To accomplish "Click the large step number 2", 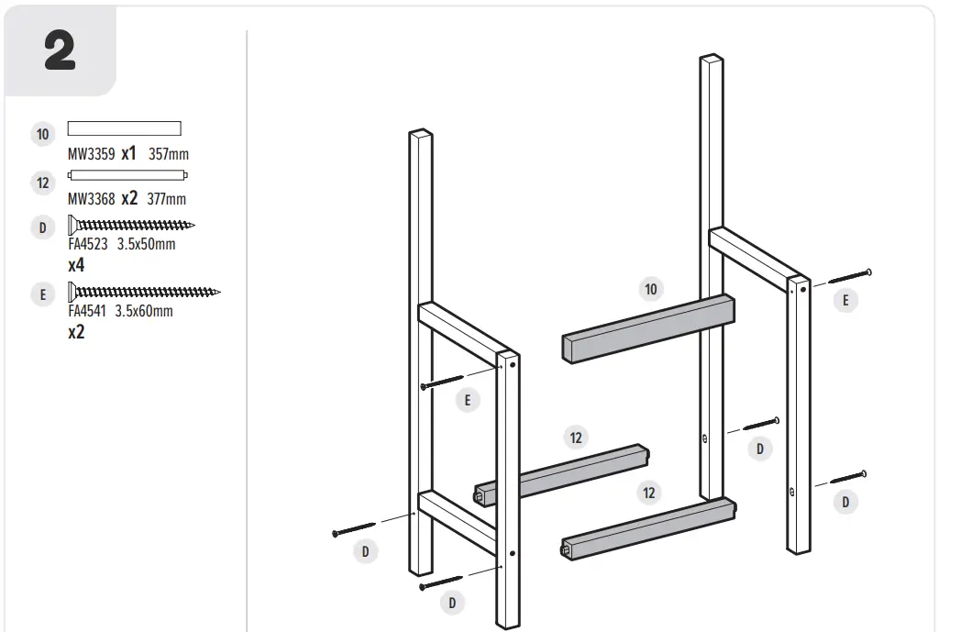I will pos(60,51).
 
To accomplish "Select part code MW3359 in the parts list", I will pos(92,155).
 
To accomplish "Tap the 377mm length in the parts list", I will pos(167,199).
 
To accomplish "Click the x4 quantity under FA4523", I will pos(77,265).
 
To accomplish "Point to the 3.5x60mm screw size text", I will pos(145,311).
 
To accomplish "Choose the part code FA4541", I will pos(87,311).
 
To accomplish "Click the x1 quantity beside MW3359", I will pos(128,154).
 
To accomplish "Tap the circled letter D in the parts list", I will pos(42,227).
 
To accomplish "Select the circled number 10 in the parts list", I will pos(42,135).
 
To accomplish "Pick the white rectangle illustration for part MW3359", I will pos(124,128).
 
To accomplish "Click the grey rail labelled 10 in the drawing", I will pos(646,327).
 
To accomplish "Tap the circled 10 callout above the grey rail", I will pos(650,290).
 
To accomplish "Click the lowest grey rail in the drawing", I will pos(646,530).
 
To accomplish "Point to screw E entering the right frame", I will pos(848,276).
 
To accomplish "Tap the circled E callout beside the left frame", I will pos(468,400).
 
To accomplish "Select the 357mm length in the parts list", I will pos(169,155).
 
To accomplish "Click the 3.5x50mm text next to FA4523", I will pos(147,245).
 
